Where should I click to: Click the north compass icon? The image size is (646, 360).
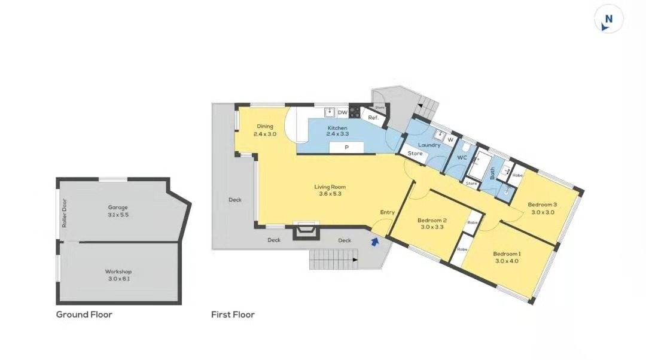608,19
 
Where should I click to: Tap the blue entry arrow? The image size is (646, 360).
375,242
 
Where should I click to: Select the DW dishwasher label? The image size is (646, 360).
342,112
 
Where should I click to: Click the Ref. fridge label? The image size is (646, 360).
373,118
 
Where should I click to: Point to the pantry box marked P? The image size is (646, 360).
346,148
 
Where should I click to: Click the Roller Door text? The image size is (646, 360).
64,213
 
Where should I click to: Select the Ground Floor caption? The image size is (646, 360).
84,315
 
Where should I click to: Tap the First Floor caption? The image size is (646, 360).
233,315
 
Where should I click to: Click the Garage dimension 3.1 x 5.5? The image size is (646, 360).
118,215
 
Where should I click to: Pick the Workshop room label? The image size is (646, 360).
118,271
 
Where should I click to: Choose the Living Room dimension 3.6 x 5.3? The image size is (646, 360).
330,194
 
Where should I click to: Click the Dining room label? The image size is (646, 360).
265,126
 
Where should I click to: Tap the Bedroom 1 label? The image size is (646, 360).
507,254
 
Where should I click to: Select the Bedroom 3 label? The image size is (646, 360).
542,205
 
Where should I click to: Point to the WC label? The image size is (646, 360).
462,157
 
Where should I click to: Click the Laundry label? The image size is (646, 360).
429,145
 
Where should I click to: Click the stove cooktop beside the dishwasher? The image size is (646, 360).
354,112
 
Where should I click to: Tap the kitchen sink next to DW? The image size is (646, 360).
330,112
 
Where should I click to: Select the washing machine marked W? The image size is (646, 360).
450,139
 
